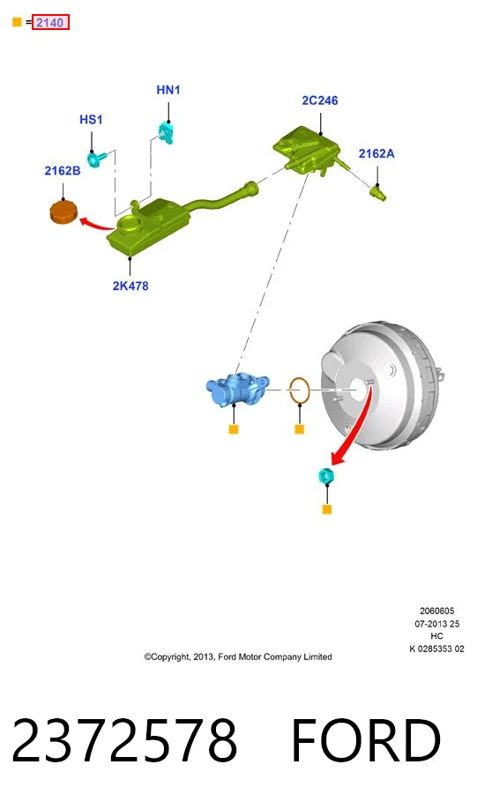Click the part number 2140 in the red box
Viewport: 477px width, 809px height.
(49, 22)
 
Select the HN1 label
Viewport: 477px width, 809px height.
(168, 90)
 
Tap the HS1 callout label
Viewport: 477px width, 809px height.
(91, 120)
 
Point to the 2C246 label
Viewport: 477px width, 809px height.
(320, 100)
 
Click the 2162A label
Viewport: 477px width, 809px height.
(376, 153)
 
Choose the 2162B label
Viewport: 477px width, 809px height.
(63, 170)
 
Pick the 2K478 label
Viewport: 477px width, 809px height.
(130, 286)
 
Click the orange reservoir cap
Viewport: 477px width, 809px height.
(63, 212)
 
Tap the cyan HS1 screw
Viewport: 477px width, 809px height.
(96, 158)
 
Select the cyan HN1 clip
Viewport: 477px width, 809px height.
(167, 132)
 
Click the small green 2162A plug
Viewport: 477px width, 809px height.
(378, 193)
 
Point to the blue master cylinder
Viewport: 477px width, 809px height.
(237, 389)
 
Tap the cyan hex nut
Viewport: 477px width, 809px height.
(326, 475)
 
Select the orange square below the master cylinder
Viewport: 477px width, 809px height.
(234, 429)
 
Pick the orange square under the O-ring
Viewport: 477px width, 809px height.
(300, 429)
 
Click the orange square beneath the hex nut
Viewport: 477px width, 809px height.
(327, 509)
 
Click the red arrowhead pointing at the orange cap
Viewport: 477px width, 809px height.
(84, 221)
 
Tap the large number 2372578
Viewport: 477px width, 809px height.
(124, 740)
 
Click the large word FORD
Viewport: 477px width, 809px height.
(367, 740)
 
